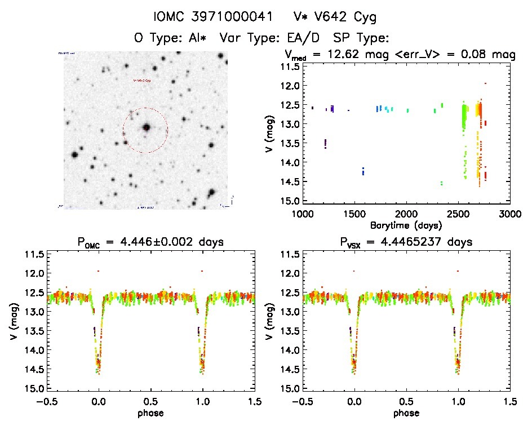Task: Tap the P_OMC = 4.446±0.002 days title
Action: (151, 242)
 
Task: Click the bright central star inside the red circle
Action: (147, 127)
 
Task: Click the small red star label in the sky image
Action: (141, 81)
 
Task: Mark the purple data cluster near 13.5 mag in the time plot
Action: (325, 144)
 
